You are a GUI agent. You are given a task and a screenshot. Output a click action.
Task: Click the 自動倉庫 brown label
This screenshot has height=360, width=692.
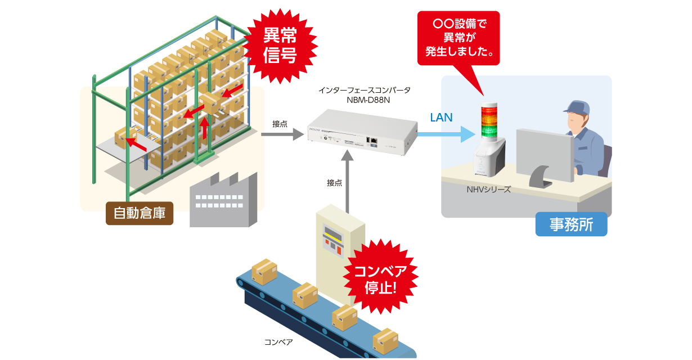pos(140,213)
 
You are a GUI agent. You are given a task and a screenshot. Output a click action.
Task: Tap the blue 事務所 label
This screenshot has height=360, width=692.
pos(571,224)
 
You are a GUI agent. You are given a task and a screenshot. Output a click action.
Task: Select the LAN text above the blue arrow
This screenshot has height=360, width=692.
pos(441,118)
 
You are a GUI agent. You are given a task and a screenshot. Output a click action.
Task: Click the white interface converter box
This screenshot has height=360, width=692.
pos(363,132)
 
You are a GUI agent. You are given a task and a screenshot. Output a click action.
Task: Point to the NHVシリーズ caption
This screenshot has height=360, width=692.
pos(488,190)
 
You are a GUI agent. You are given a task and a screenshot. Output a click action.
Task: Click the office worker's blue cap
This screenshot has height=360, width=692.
pos(579,107)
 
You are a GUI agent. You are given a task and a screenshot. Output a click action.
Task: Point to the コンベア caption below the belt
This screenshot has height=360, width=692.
pos(278,341)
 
